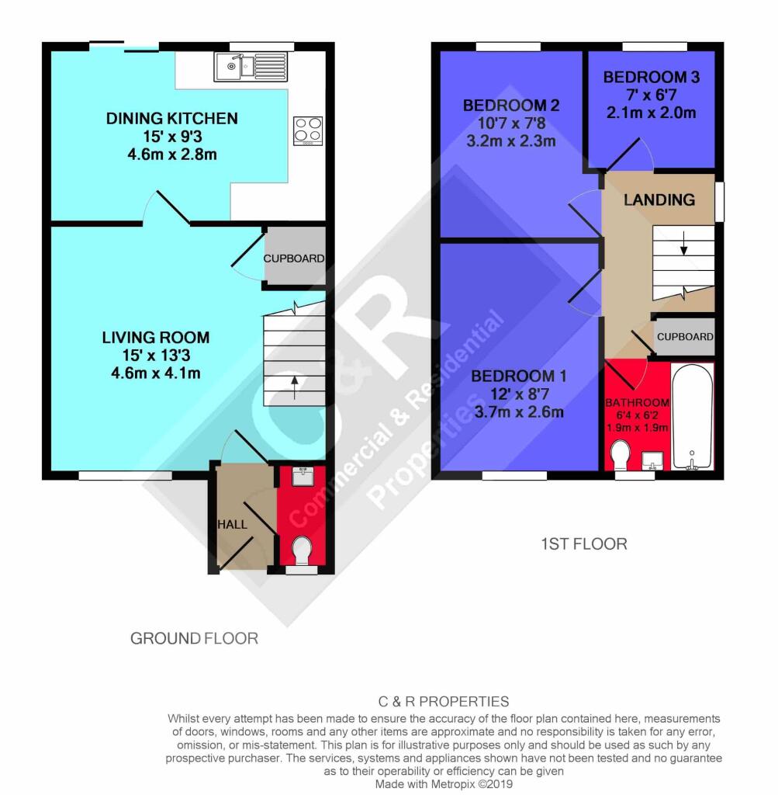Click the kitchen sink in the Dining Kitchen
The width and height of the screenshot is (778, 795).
pos(251,67)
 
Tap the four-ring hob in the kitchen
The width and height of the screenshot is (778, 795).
pos(308,130)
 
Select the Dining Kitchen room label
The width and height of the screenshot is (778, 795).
pos(171,119)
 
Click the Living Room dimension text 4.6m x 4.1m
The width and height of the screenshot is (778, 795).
pos(156,373)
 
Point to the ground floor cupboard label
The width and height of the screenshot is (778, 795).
pos(294,259)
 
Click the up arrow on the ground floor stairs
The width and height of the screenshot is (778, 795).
pos(294,387)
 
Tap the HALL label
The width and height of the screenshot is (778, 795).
pos(233,524)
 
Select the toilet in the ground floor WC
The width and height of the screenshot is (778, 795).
pos(303,550)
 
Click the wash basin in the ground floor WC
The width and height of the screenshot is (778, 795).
pos(303,476)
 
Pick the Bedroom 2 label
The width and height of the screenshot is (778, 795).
pos(511,106)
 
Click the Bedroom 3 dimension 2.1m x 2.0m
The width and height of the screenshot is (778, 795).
pos(652,113)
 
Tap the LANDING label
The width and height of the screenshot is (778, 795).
pos(659,200)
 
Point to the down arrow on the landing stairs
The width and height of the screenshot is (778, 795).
pos(684,243)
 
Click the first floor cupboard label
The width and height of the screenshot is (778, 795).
pos(685,337)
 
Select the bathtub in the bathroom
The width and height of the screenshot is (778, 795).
pos(692,417)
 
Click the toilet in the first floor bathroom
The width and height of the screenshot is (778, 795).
pos(621,455)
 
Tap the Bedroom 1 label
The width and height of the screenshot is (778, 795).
pos(519,377)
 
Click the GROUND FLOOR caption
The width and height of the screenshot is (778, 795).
pos(195,638)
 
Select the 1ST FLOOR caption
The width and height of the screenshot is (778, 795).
pos(584,544)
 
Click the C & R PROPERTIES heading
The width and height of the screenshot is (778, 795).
pos(444,702)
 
